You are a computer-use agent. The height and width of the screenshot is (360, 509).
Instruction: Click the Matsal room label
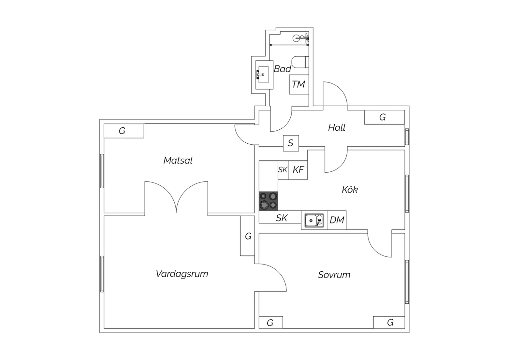178,161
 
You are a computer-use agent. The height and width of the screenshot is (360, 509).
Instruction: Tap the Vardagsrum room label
182,274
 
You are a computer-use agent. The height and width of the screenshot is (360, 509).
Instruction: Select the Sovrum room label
334,275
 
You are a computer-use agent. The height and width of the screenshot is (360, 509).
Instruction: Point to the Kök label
350,189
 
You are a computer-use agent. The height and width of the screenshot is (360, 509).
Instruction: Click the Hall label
337,127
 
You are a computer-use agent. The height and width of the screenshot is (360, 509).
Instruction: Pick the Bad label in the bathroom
282,69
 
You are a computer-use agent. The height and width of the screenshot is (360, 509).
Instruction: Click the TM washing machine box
299,84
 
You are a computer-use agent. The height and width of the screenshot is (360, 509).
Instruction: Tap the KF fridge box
298,170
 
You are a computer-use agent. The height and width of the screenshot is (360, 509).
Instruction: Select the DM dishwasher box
337,220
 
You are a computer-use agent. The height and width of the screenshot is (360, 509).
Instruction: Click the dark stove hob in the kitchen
268,201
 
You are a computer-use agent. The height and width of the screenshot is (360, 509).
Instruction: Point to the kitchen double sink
314,220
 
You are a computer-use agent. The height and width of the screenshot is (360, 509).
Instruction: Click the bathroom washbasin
264,75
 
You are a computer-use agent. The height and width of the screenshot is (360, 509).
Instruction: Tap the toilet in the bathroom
300,62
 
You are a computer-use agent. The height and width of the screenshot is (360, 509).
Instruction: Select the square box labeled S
291,143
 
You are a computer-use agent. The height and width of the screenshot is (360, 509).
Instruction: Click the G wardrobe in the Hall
384,118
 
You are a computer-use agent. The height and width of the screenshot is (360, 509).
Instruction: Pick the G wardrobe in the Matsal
124,131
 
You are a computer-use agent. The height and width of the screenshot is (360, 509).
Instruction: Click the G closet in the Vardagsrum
247,236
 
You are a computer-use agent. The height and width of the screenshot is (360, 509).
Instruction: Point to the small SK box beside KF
283,170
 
